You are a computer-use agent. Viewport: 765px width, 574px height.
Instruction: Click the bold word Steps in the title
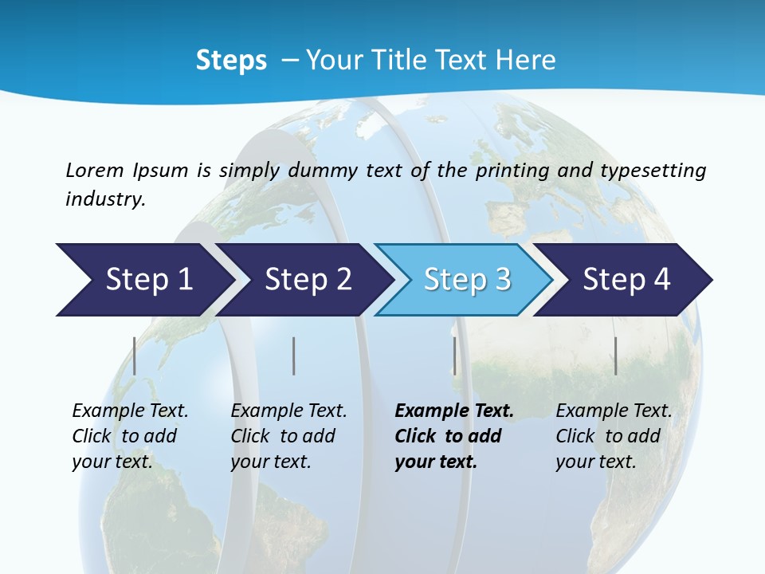pos(231,61)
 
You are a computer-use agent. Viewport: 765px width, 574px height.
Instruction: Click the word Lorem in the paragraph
pos(94,171)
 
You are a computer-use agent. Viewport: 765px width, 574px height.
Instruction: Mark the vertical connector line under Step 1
pos(135,356)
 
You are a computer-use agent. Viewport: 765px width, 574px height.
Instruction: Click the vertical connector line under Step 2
pos(294,356)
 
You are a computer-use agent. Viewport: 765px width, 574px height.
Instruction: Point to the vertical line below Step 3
pos(455,356)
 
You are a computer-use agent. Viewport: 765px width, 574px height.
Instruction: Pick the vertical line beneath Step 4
pos(616,356)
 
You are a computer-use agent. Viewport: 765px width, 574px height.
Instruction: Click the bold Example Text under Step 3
pos(454,411)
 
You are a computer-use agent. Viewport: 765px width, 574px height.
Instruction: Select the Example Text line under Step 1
pos(130,411)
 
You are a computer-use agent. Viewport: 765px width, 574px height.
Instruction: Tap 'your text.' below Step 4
pos(595,462)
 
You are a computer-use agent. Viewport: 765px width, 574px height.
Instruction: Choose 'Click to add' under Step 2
pos(283,437)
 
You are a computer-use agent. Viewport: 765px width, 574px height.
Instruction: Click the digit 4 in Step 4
pos(661,280)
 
